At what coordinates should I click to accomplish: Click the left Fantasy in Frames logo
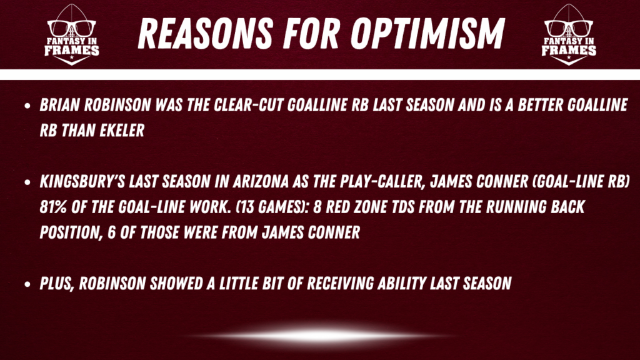click(72, 35)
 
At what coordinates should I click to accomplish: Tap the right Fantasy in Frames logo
click(569, 35)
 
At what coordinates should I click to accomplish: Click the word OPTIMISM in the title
click(427, 34)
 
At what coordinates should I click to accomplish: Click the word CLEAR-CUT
click(249, 105)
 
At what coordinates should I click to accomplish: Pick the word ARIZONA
click(261, 182)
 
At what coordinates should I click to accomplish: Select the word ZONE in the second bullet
click(370, 207)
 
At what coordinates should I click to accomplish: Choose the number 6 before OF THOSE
click(111, 232)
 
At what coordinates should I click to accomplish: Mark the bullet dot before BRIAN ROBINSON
click(27, 106)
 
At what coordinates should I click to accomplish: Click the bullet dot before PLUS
click(27, 284)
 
